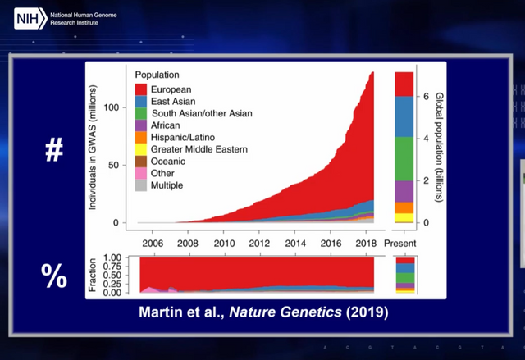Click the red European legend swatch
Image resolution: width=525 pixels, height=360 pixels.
[x=142, y=89]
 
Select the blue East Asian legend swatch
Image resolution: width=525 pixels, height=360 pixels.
[x=142, y=101]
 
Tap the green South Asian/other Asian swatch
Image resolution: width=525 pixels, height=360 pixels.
[x=142, y=113]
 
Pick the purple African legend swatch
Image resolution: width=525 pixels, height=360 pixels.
[x=142, y=125]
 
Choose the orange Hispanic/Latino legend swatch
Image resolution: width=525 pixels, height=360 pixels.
[x=142, y=138]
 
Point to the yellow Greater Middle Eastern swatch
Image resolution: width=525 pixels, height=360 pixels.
[x=142, y=150]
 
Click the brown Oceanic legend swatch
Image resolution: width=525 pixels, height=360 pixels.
[x=142, y=162]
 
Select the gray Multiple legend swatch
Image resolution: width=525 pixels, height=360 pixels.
[x=142, y=186]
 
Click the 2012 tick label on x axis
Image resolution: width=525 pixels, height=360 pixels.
[x=260, y=244]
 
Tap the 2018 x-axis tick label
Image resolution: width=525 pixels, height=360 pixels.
[x=365, y=244]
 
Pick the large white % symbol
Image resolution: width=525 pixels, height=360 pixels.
[x=54, y=277]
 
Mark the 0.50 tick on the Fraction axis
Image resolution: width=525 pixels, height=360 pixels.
[x=118, y=275]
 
